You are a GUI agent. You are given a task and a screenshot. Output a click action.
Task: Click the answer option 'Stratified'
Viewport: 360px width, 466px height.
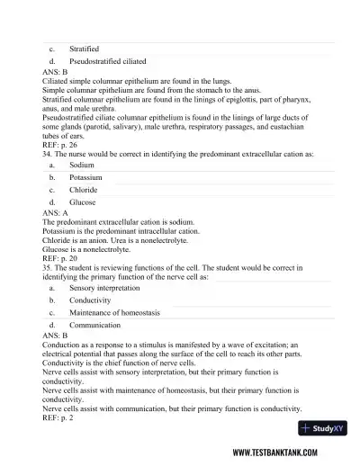pyautogui.click(x=84, y=48)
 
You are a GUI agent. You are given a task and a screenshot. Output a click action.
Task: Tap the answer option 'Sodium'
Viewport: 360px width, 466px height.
pyautogui.click(x=82, y=166)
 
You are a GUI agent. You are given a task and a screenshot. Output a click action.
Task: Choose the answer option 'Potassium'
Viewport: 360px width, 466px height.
pyautogui.click(x=86, y=178)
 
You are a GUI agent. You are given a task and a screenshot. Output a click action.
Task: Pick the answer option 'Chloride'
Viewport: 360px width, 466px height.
pyautogui.click(x=84, y=191)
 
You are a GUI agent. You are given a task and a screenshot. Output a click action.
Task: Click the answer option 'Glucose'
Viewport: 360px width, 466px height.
pyautogui.click(x=83, y=203)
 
